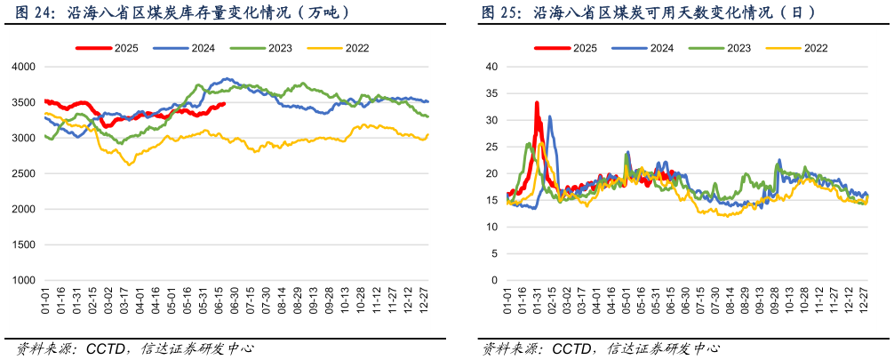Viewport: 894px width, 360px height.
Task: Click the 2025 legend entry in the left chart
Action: [x=114, y=48]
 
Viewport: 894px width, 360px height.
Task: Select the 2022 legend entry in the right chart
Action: [x=816, y=48]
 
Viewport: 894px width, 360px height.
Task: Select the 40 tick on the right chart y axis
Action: [x=491, y=67]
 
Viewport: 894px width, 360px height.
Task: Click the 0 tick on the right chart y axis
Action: [x=493, y=280]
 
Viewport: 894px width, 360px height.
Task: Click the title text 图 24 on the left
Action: [x=28, y=13]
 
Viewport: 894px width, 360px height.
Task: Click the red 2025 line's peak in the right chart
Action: [x=537, y=103]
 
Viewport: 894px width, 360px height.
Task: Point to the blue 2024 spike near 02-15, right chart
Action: [x=549, y=116]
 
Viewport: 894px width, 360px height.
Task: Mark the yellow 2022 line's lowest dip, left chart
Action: [x=130, y=164]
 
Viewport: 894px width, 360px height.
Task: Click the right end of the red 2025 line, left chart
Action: [x=224, y=104]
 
